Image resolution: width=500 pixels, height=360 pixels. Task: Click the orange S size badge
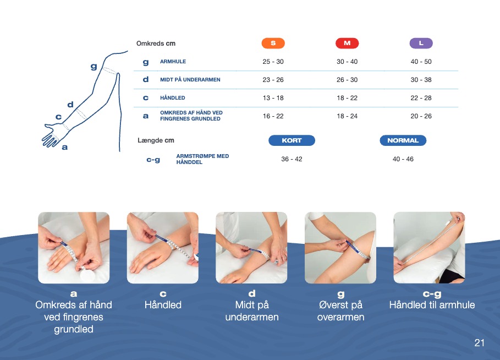273,43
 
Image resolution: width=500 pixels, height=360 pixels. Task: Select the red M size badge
347,43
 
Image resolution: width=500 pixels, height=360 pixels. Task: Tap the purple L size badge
421,43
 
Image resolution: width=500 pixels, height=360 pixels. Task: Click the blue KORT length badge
292,140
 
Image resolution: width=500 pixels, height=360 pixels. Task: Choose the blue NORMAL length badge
403,140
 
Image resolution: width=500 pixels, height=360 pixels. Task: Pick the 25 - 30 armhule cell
273,62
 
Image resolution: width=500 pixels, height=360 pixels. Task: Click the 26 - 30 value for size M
347,80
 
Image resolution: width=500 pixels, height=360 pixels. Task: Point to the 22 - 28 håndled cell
421,98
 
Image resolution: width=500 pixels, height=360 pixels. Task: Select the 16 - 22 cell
273,116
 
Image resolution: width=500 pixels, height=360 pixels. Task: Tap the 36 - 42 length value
292,159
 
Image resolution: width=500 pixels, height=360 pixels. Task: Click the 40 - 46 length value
403,159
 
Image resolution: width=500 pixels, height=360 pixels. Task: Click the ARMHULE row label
173,62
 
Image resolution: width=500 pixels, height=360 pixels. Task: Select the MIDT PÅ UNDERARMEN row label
190,80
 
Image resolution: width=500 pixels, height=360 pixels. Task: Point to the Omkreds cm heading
156,43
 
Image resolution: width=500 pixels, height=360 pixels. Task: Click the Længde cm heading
156,140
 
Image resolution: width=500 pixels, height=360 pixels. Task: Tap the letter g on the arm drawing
94,67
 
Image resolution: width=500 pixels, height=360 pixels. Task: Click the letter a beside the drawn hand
65,147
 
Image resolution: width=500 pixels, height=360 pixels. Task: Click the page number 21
479,343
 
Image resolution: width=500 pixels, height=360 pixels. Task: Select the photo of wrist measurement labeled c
163,248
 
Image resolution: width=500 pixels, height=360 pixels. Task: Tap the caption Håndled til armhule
432,305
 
